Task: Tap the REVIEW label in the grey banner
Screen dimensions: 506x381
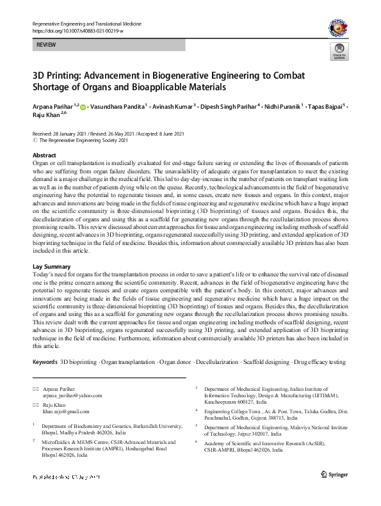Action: pyautogui.click(x=46, y=47)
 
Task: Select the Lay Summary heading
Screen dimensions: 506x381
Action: pyautogui.click(x=52, y=265)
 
